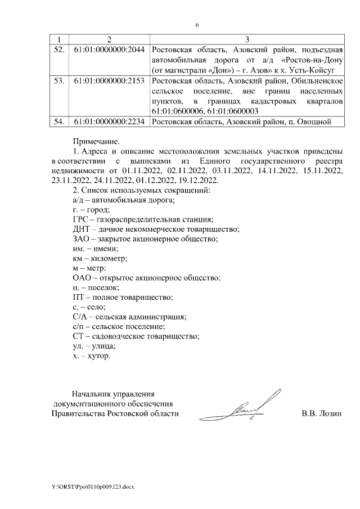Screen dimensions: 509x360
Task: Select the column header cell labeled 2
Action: coord(109,39)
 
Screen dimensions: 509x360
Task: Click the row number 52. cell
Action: coord(58,49)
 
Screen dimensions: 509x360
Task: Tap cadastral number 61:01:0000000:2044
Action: coord(109,49)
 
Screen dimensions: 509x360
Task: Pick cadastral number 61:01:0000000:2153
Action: coord(109,82)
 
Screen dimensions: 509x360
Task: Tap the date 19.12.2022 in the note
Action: coord(200,180)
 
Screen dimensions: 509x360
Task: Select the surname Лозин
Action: coord(330,414)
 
